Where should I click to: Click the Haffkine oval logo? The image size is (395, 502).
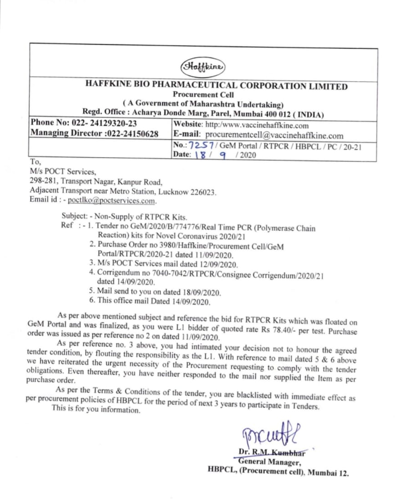[203, 67]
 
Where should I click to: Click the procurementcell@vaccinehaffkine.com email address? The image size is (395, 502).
[274, 135]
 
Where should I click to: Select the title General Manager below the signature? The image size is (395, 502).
[268, 461]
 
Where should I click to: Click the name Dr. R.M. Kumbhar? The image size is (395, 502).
[272, 452]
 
